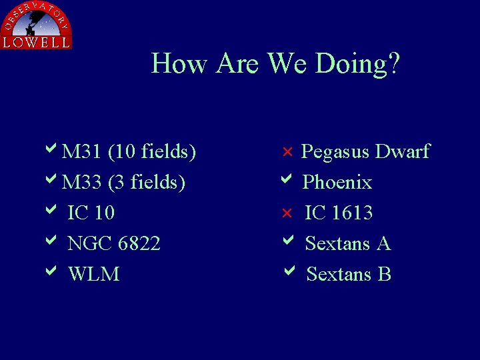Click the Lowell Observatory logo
[x=36, y=25]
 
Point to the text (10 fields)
[x=152, y=152]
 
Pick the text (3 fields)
[x=147, y=183]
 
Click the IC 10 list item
[x=91, y=213]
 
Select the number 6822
[x=139, y=244]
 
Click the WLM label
[x=93, y=275]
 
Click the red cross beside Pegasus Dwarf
[x=287, y=152]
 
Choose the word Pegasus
[x=335, y=153]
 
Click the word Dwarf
[x=402, y=152]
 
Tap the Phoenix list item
[x=337, y=183]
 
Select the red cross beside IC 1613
[x=287, y=213]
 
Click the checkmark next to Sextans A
[x=287, y=241]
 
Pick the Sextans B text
[x=348, y=275]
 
